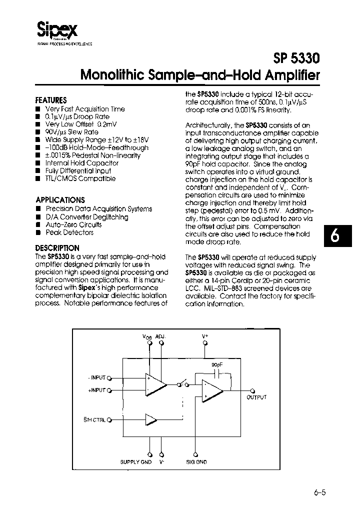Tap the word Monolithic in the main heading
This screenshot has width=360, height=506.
click(113, 76)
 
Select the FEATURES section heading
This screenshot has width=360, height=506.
click(51, 99)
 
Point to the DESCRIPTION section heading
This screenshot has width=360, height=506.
click(57, 248)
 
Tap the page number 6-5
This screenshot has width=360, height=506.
click(320, 492)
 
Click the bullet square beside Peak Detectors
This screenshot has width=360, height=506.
click(38, 233)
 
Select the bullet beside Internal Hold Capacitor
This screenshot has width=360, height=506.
click(38, 163)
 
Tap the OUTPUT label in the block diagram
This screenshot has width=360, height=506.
click(256, 397)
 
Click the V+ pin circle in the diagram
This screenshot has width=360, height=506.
click(204, 343)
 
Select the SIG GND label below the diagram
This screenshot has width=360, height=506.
click(196, 462)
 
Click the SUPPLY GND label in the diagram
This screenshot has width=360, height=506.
click(136, 462)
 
